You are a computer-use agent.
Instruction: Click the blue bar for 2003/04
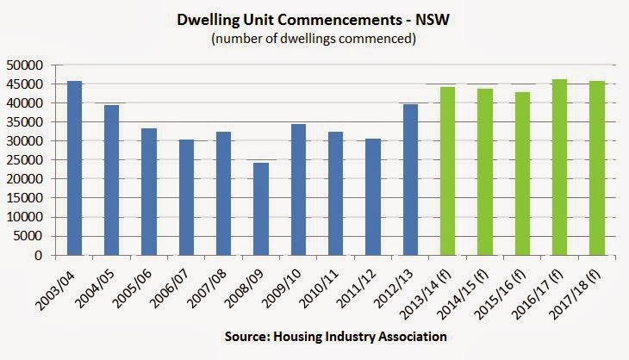(x=74, y=168)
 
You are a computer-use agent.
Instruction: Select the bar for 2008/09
(x=261, y=209)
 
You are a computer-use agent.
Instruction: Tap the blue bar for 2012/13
(x=410, y=180)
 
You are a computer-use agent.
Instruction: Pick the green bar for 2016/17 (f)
(x=559, y=167)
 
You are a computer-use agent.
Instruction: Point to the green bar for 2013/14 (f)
(x=448, y=171)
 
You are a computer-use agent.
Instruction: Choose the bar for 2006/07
(x=186, y=197)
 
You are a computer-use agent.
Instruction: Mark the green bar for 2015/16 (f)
(x=522, y=174)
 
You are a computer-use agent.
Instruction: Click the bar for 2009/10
(x=298, y=189)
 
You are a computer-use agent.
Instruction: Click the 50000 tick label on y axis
(x=24, y=65)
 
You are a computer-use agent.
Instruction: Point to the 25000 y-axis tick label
(x=24, y=160)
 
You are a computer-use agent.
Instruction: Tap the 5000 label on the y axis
(x=28, y=236)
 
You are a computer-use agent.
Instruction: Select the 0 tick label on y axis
(x=39, y=256)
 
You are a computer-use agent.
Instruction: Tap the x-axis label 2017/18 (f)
(x=576, y=295)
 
